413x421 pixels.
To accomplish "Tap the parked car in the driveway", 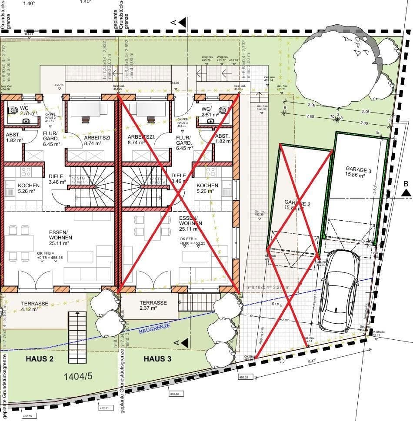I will tap(340, 291).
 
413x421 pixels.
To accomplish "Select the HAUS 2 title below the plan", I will tap(40, 359).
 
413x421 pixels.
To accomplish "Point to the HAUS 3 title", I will tap(157, 359).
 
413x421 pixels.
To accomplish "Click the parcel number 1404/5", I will tap(78, 376).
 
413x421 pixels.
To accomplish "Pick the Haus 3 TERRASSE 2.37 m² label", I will tap(153, 305).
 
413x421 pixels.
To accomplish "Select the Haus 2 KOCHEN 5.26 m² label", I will tap(29, 189).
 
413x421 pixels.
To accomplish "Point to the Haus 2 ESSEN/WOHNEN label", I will tap(60, 238).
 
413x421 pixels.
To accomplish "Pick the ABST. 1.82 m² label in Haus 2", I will tap(15, 138).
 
